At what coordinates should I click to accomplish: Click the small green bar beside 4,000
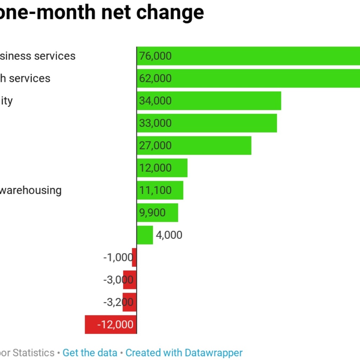point(145,235)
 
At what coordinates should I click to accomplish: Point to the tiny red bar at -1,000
point(134,257)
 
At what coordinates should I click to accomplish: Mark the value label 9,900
point(153,213)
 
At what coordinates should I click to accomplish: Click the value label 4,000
point(169,235)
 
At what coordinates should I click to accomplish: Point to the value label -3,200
point(118,302)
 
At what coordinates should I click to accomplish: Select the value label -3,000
point(118,280)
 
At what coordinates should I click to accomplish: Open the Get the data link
point(90,353)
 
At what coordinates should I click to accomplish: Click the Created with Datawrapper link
point(184,353)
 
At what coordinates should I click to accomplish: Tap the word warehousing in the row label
point(30,190)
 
